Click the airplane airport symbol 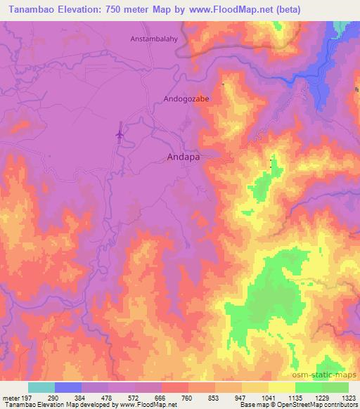pyautogui.click(x=120, y=132)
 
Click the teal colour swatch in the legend pyautogui.click(x=41, y=387)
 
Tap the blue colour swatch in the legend pyautogui.click(x=68, y=387)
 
